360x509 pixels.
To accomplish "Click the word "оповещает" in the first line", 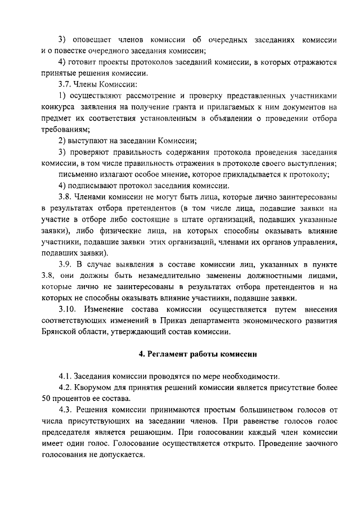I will point(91,40).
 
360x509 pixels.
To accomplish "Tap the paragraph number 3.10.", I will point(69,309).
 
